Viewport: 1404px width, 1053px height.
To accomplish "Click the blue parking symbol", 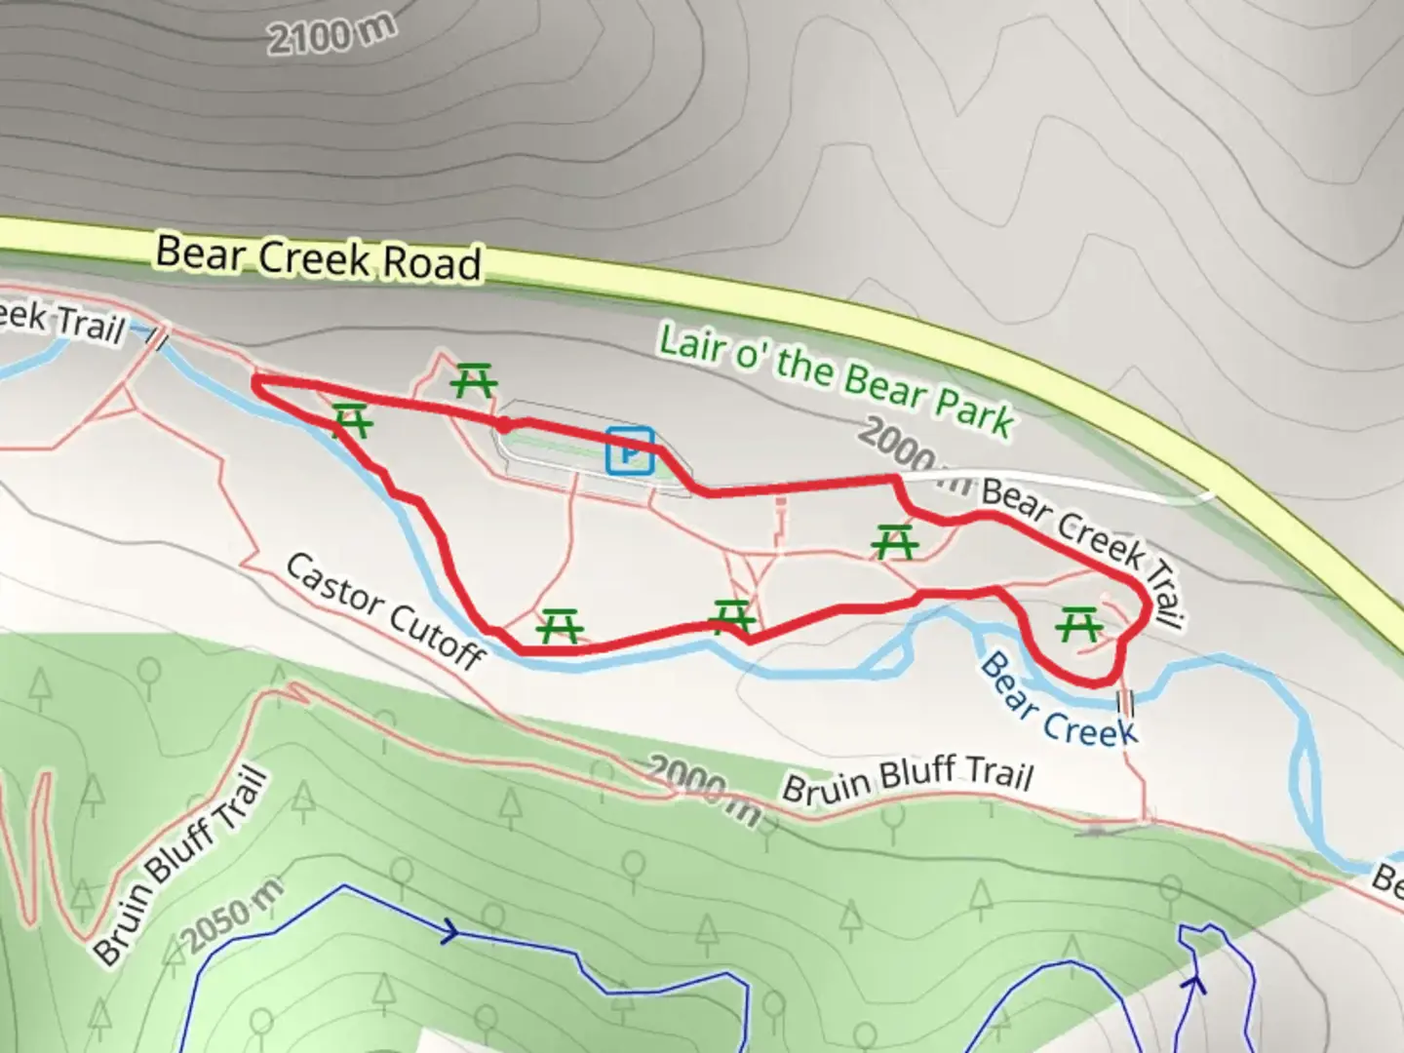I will pyautogui.click(x=630, y=451).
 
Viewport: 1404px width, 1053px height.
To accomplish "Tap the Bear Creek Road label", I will pyautogui.click(x=318, y=257).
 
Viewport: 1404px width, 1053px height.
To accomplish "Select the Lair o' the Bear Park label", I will pyautogui.click(x=836, y=380).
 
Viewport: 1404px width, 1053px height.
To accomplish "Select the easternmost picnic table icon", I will pyautogui.click(x=1078, y=624).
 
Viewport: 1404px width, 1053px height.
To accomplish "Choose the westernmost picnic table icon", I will pyautogui.click(x=351, y=420).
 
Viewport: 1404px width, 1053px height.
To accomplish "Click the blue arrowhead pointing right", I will pyautogui.click(x=450, y=931).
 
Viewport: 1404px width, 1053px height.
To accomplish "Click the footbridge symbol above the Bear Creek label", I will pyautogui.click(x=1129, y=701).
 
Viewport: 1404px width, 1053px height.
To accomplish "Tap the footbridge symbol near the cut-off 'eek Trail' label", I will pyautogui.click(x=158, y=337).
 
